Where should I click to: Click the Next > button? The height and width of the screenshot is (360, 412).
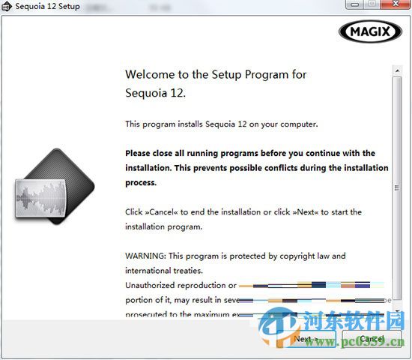pos(305,339)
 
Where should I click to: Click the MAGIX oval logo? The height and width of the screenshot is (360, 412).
pos(371,31)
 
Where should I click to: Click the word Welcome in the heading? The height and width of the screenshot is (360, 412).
pos(150,75)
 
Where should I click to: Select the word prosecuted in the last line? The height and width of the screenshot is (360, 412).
pos(149,315)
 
